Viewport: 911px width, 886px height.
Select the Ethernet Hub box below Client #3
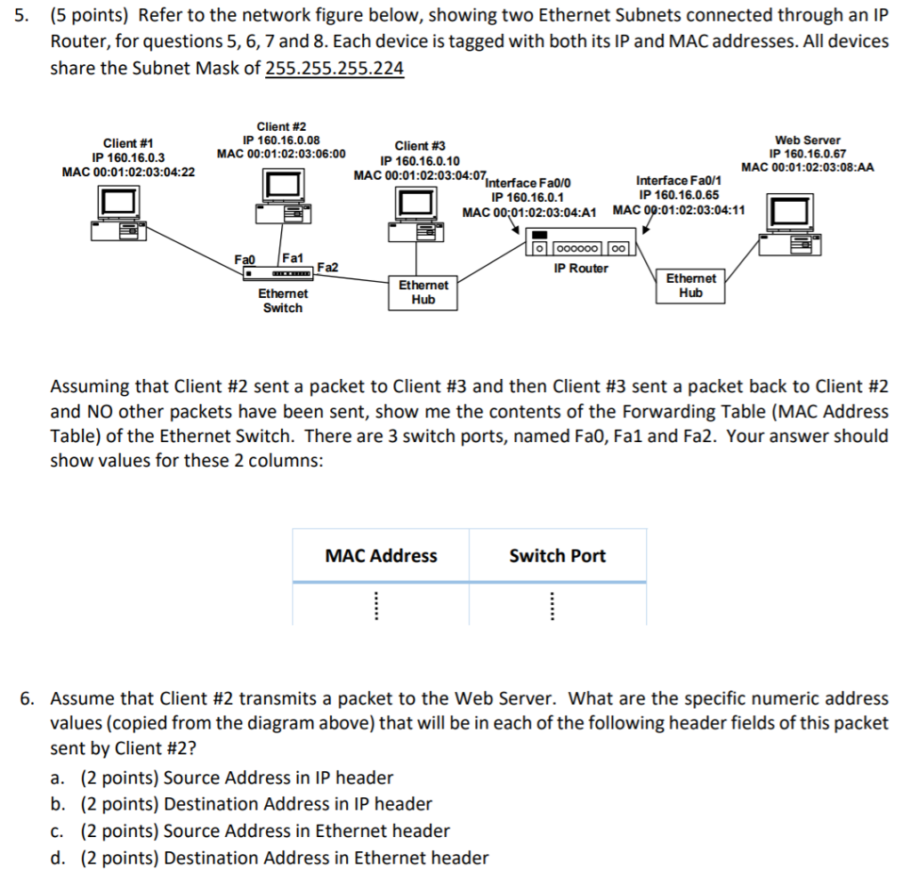[423, 293]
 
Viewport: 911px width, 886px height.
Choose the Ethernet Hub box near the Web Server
[690, 286]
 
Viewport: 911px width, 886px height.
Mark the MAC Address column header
[381, 556]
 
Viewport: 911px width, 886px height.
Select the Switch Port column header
[557, 556]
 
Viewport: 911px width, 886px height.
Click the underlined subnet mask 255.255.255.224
[335, 68]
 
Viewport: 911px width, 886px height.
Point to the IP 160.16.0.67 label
[807, 153]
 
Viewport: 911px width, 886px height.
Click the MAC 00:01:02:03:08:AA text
[807, 166]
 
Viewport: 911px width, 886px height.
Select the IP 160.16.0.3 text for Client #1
[128, 157]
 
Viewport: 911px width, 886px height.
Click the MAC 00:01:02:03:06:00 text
[281, 153]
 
